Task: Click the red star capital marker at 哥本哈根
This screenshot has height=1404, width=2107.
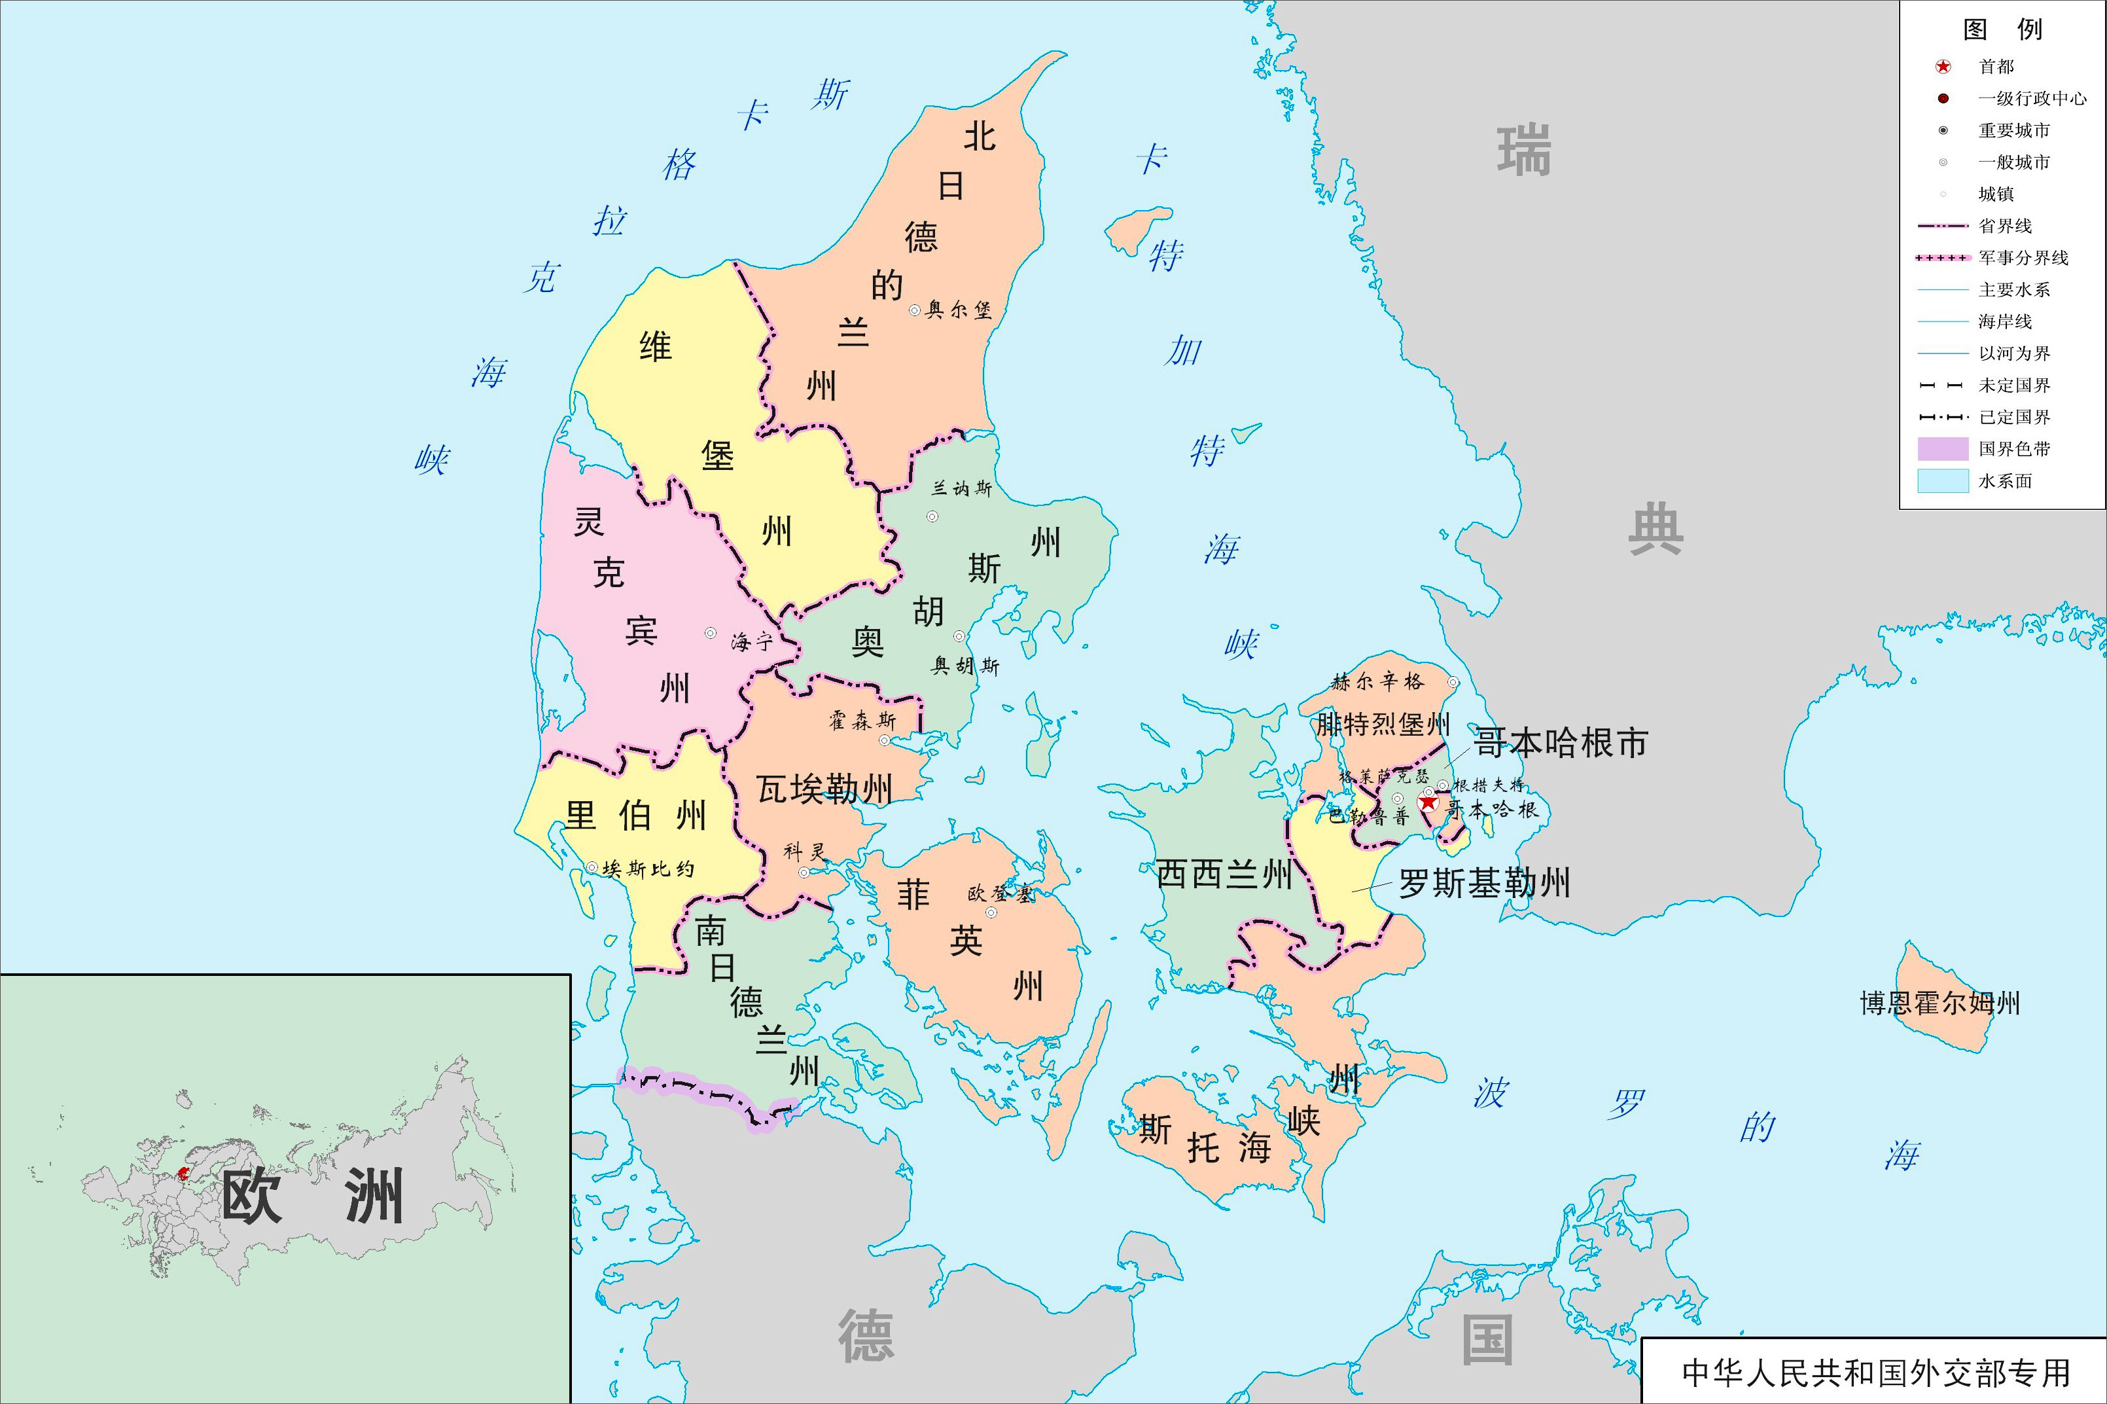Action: (1428, 803)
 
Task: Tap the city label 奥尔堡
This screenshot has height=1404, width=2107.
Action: (959, 310)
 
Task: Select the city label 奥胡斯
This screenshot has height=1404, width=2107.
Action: (965, 665)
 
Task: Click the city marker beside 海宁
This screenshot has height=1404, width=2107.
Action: (710, 633)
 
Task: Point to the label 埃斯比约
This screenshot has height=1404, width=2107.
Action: (648, 869)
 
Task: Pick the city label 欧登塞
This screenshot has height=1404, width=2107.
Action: (1000, 893)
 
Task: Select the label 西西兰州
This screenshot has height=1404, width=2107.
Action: (1224, 874)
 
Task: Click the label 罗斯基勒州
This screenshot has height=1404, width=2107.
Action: (1484, 884)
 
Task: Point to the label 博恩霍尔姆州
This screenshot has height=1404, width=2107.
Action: (1939, 1003)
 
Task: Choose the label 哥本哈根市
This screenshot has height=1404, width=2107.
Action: (1560, 742)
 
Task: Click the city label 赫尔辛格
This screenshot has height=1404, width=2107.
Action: (1377, 681)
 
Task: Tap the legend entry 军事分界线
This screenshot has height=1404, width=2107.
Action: (2023, 258)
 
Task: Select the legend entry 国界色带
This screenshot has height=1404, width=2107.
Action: (2014, 448)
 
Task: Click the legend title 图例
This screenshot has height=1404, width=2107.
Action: (2002, 29)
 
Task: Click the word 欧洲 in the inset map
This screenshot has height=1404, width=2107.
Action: (311, 1197)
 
